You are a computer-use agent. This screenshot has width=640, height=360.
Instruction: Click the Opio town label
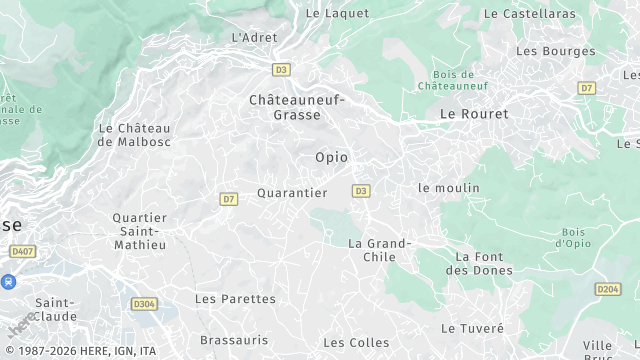[332, 157]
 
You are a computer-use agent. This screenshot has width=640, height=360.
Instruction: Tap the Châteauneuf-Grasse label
[297, 107]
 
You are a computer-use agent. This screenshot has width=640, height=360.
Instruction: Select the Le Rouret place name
[474, 114]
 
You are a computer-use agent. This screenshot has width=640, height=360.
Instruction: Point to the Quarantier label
[292, 193]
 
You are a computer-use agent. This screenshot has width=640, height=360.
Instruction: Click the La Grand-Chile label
[379, 250]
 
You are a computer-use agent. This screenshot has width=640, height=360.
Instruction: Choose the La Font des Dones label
[479, 263]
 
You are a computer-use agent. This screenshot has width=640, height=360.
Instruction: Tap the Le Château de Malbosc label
[135, 135]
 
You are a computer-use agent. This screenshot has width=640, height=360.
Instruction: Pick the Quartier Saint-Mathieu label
[139, 232]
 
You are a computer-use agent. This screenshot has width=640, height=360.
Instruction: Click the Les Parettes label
[235, 299]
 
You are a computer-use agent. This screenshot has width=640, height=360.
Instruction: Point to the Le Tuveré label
[473, 328]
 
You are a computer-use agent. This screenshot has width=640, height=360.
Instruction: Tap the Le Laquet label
[337, 13]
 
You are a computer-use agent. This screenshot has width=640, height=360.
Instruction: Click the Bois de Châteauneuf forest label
[459, 81]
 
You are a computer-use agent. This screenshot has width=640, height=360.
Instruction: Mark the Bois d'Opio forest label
[573, 237]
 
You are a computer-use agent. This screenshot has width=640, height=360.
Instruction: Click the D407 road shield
[22, 251]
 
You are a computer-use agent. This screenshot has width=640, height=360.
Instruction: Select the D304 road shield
[144, 304]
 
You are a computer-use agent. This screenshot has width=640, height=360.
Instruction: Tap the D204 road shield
[608, 289]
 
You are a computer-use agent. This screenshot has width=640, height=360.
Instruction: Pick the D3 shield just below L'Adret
[281, 70]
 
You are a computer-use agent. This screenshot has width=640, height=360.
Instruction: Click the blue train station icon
[9, 283]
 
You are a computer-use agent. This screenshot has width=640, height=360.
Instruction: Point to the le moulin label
[449, 188]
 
